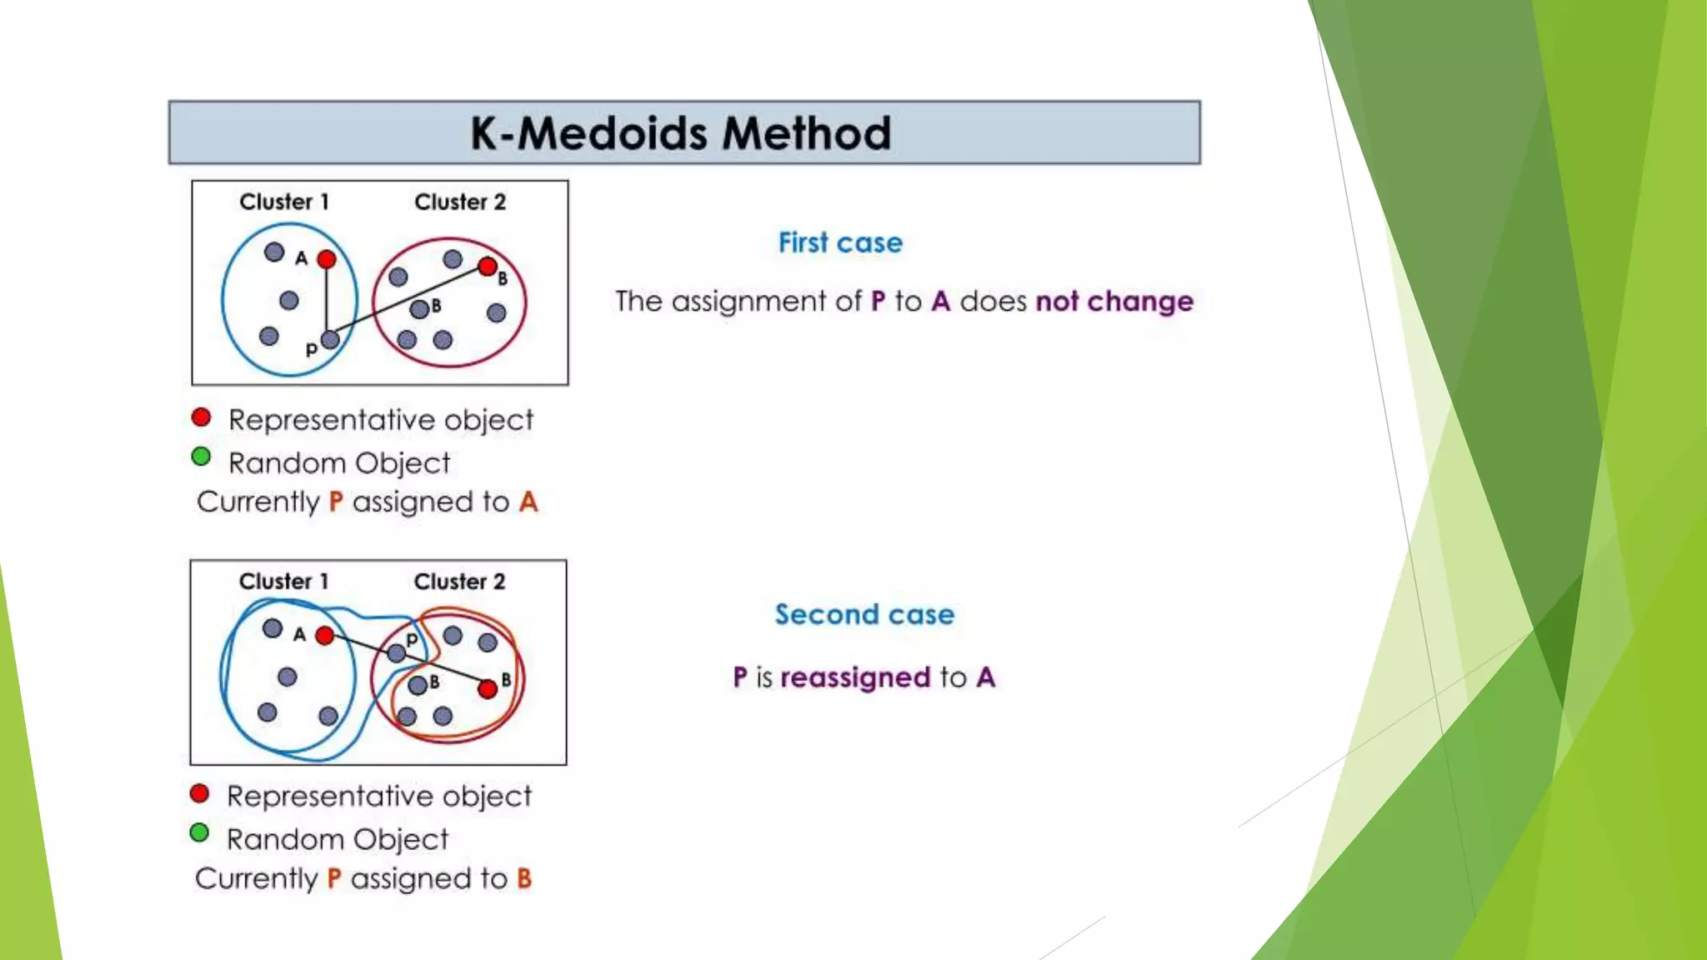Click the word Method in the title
[806, 133]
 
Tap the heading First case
[840, 242]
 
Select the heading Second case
[864, 614]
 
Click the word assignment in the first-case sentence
[753, 301]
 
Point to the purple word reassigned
[855, 677]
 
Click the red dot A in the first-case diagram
[327, 259]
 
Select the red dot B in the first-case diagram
[488, 267]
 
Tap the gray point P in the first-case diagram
[330, 339]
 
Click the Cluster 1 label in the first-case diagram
[284, 202]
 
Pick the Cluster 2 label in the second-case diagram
[459, 582]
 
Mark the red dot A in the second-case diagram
[325, 636]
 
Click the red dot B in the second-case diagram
[488, 689]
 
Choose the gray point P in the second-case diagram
[397, 653]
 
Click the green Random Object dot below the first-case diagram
[201, 457]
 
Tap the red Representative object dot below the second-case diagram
[199, 793]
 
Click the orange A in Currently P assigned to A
[528, 502]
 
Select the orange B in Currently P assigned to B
[524, 878]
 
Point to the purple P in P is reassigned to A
[740, 677]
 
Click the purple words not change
[1114, 301]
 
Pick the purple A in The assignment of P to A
[941, 301]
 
